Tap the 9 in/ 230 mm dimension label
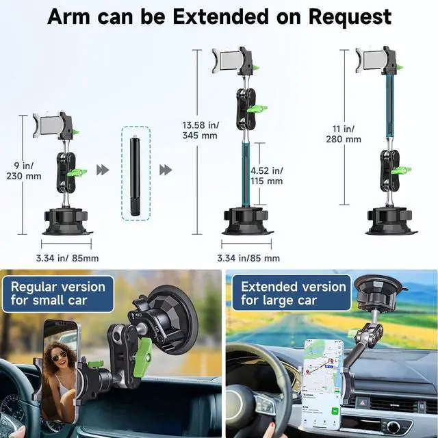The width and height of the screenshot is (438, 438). point(27,170)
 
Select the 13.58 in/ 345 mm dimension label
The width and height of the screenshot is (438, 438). point(199,130)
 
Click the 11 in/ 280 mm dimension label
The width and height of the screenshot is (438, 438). point(344,133)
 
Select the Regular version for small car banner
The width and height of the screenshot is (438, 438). point(57,293)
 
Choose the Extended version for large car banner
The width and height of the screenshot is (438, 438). point(292,293)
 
